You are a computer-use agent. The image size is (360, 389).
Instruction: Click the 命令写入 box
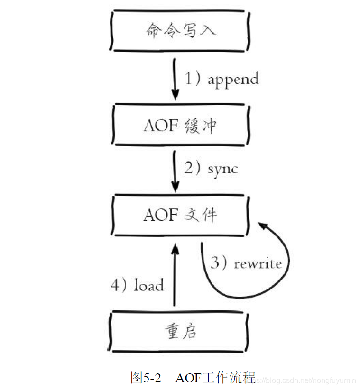pos(180,30)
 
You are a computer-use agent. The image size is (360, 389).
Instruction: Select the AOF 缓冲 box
pos(180,125)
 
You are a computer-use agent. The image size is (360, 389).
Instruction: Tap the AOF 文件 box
pos(180,216)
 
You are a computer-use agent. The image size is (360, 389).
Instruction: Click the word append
pos(233,79)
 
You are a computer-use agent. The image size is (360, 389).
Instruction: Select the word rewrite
pos(258,263)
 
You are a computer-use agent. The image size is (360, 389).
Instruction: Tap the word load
pos(148,285)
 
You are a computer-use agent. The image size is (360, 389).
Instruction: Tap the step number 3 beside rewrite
pos(215,263)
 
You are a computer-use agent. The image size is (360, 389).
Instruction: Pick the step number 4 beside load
pos(116,285)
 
